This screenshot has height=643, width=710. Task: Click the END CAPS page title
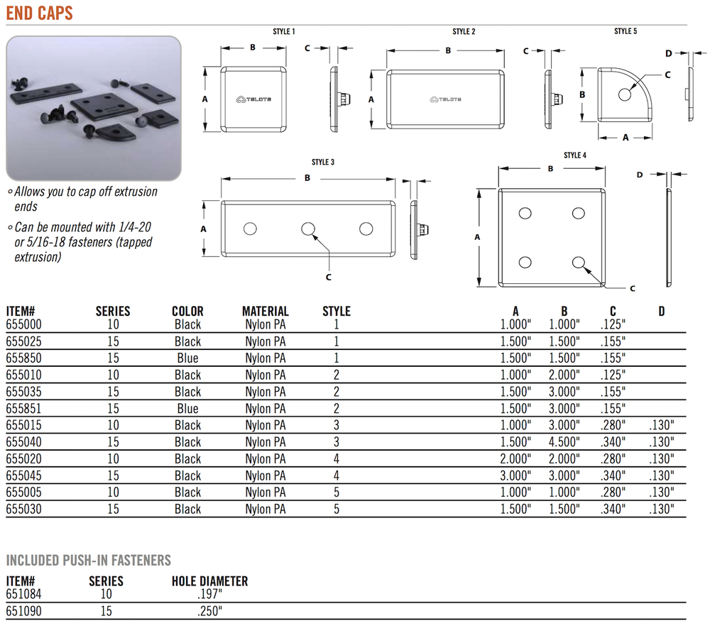coord(39,13)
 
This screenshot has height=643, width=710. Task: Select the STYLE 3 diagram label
coord(323,162)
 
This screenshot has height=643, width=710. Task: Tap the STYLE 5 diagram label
coord(626,31)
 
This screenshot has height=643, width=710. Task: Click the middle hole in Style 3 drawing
coord(308,229)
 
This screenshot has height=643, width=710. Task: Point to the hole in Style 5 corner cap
coord(625,94)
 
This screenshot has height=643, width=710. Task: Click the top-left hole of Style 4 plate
coord(525,213)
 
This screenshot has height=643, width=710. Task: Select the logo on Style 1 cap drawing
coord(253,99)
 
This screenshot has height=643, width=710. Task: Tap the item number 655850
coord(23,358)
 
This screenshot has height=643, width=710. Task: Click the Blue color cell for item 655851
coord(187,409)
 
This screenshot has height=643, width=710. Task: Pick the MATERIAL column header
coord(266,312)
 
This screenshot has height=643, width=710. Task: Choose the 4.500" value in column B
coord(564,441)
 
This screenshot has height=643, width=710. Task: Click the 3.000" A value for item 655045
coord(515,476)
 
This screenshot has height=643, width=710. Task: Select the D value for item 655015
coord(662,425)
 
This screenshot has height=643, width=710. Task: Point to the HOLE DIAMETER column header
coord(209,581)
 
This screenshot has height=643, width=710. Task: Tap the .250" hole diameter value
coord(209,611)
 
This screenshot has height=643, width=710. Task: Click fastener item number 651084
coord(23,594)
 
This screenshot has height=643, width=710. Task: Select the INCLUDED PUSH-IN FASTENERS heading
coord(88,560)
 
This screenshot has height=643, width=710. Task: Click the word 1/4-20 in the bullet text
coord(134,226)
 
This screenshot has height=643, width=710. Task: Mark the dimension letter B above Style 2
coord(448,50)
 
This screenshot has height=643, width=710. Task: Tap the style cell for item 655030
coord(337,509)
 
